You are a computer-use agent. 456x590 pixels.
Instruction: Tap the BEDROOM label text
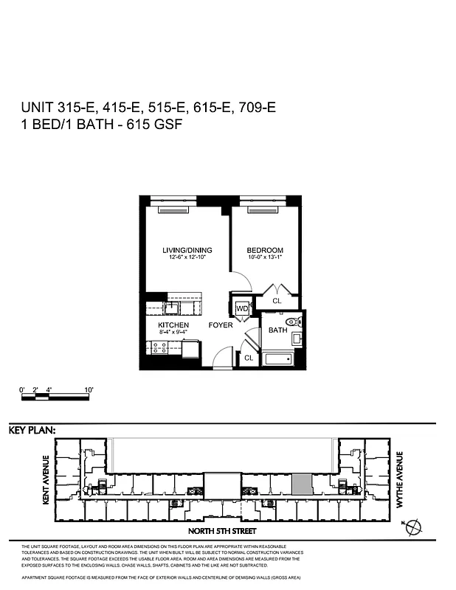(x=265, y=251)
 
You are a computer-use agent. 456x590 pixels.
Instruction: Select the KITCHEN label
(x=173, y=325)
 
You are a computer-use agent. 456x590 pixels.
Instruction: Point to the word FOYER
(x=221, y=325)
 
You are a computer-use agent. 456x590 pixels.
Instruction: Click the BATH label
(x=277, y=330)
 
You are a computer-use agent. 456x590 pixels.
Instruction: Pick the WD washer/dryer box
(x=242, y=308)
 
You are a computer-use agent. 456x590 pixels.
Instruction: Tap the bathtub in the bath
(x=278, y=361)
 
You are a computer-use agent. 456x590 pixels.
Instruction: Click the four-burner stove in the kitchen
(x=158, y=346)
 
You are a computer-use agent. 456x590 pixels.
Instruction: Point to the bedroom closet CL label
(x=277, y=301)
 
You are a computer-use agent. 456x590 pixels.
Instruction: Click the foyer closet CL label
(x=249, y=358)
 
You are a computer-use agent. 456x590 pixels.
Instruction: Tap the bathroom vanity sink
(x=297, y=339)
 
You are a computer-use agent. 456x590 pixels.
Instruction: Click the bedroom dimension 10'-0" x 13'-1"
(x=265, y=259)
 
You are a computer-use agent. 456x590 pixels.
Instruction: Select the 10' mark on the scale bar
(x=89, y=389)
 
